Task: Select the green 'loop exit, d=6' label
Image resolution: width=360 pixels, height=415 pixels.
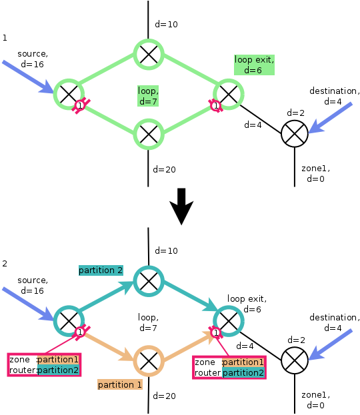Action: [x=254, y=65]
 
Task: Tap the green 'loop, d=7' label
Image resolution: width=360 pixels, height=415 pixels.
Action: [x=148, y=95]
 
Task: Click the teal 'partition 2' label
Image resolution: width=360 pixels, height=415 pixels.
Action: [x=101, y=270]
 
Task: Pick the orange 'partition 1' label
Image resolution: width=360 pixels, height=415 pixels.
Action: [x=120, y=384]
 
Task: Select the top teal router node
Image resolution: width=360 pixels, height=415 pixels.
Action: [x=148, y=280]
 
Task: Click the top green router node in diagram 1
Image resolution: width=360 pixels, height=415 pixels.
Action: [x=148, y=53]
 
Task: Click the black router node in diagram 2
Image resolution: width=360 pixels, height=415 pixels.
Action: [x=293, y=360]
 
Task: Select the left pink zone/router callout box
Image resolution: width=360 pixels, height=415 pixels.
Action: [x=44, y=365]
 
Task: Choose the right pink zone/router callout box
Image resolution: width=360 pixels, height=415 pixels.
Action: [x=229, y=367]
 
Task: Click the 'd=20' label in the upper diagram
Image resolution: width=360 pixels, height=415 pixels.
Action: [x=165, y=169]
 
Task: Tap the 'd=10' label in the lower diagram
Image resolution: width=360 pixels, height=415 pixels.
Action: [x=167, y=251]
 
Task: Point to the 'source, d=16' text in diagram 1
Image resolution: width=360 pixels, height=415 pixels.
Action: [x=33, y=59]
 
